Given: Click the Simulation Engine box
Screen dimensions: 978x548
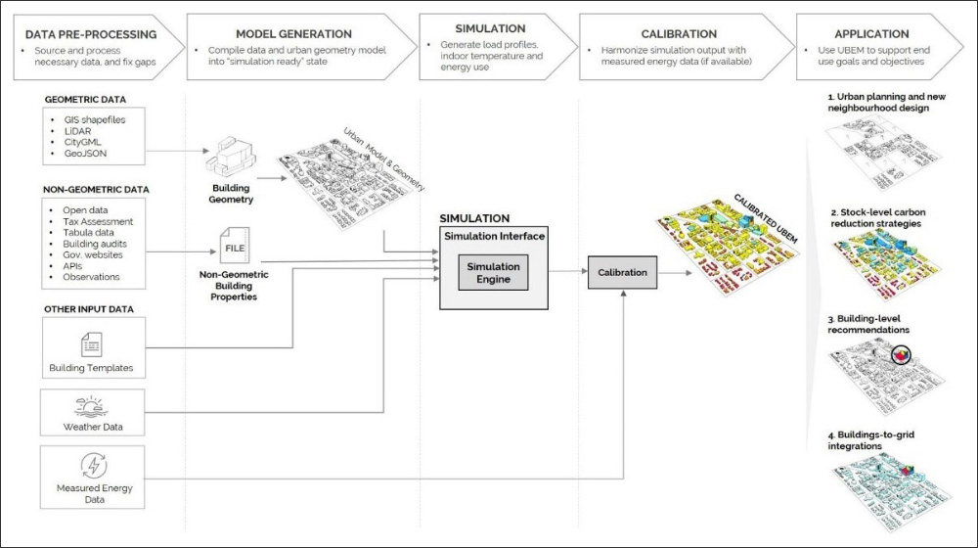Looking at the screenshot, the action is pos(493,273).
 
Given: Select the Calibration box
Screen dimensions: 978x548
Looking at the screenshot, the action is pos(622,273).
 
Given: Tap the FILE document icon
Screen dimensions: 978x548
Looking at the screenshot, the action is pos(235,246).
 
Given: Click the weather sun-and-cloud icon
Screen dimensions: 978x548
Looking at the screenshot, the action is pos(91,406).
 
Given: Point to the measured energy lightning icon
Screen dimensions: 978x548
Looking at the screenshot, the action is pos(94,466).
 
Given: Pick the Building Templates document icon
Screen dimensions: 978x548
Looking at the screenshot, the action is pos(92,344).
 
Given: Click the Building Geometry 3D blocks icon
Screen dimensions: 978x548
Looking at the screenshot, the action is pos(231,157).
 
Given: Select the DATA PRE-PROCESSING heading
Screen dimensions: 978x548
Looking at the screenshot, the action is pos(91,34).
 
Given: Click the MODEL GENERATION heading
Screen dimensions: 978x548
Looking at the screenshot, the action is pos(293,33).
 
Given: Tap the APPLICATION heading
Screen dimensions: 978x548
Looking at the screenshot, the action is pos(871,33).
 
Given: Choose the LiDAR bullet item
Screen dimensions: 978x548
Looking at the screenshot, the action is pos(77,131).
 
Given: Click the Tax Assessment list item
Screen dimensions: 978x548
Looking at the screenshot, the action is pos(98,221).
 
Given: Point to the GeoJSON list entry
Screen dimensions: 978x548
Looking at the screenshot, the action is pos(85,153).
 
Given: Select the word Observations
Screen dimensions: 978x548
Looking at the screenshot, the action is pos(91,277).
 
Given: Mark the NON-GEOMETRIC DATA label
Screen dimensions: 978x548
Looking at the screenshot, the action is pos(96,189).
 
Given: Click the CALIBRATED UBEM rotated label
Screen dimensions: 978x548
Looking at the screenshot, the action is pos(766,218).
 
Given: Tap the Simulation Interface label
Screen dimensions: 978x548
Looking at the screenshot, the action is pos(494,236).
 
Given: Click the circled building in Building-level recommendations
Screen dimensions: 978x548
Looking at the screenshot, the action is pos(901,355).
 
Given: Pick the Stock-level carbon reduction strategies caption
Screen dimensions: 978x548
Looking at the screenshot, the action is pos(877,218).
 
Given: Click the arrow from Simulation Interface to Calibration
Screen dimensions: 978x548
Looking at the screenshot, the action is pos(567,271).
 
